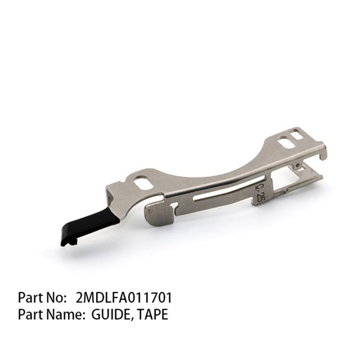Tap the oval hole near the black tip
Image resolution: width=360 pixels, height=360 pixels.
pyautogui.click(x=143, y=183)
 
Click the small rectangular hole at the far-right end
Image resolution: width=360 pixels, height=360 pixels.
pyautogui.click(x=297, y=134)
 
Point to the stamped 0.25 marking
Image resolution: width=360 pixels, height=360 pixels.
pyautogui.click(x=259, y=189)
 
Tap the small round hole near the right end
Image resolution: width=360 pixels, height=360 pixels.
pyautogui.click(x=297, y=166)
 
